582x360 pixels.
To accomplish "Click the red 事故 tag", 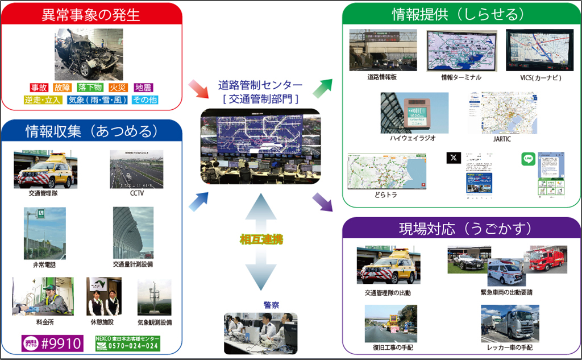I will (x=39, y=88).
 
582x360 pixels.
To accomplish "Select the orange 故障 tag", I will (x=63, y=88).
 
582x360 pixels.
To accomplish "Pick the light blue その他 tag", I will (x=144, y=100).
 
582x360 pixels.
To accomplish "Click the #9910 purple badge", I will (x=53, y=344).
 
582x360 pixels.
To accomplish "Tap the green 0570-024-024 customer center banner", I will (x=127, y=344).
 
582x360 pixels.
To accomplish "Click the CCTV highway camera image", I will (x=136, y=169).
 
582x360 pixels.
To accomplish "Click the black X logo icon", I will (x=454, y=159).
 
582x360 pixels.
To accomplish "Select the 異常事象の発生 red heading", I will (x=91, y=14).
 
